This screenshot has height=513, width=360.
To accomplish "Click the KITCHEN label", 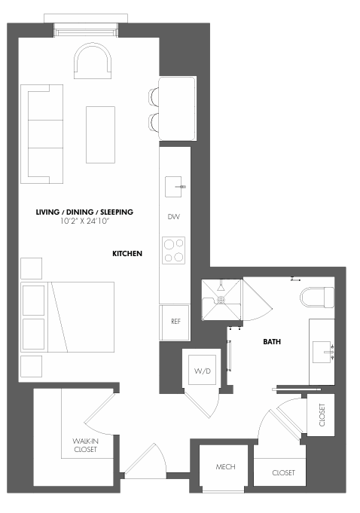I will [127, 255].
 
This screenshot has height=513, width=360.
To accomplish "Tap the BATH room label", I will [272, 341].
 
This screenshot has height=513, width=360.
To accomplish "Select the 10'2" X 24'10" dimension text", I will [84, 222].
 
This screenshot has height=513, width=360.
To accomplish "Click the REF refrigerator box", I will [175, 322].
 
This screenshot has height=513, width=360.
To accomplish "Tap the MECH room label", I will [225, 467].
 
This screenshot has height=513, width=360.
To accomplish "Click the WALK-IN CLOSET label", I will [86, 445].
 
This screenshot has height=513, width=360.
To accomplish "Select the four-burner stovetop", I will [174, 250].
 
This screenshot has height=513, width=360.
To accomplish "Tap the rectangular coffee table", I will [100, 134].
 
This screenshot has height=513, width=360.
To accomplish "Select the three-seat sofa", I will [41, 133].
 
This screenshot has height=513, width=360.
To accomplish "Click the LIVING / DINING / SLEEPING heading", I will [84, 212].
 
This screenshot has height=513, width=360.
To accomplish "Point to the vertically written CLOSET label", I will [322, 415].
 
